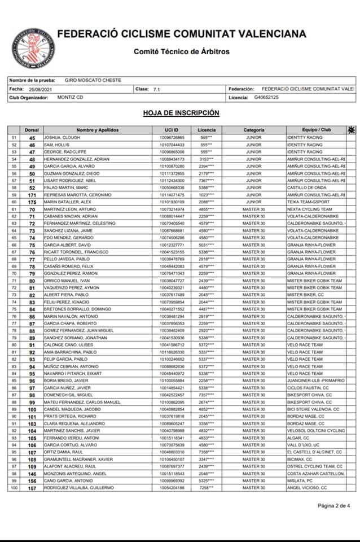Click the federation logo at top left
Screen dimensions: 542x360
tap(33, 45)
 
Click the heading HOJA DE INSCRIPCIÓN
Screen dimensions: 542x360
tap(181, 113)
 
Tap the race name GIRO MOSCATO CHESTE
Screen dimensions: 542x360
tap(93, 81)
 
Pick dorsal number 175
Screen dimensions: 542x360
tap(32, 202)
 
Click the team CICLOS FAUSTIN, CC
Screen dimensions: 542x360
tap(308, 387)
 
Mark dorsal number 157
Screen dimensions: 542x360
tap(32, 487)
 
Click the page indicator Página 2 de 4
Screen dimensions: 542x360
tap(334, 505)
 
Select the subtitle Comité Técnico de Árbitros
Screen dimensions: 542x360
tap(181, 52)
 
